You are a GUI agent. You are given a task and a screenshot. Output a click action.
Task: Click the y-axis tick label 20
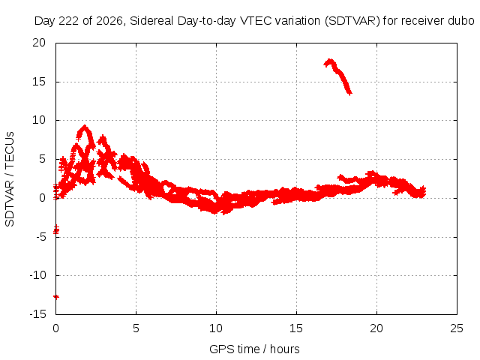39,43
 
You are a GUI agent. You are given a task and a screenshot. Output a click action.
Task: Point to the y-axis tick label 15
39,82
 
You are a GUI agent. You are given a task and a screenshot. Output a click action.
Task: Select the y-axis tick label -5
40,237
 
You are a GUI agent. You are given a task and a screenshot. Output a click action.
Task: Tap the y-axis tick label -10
37,275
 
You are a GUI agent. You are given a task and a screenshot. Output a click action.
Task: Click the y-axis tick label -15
37,314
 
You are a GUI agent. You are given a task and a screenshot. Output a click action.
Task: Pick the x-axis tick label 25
457,328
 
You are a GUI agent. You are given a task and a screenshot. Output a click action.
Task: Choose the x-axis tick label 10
216,328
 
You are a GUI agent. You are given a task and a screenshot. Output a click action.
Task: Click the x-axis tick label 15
296,328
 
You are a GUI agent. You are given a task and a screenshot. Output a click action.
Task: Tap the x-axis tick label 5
136,328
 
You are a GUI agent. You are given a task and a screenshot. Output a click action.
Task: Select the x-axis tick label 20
376,328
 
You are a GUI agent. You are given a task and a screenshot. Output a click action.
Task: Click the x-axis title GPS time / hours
254,349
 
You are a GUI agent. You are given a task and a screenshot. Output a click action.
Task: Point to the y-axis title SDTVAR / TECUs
10,179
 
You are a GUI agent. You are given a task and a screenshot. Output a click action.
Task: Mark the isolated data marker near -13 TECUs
56,297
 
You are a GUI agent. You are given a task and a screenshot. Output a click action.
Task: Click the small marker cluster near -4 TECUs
56,229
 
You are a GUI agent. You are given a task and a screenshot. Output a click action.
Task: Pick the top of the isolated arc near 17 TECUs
330,60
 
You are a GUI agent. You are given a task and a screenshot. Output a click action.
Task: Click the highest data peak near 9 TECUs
85,127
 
